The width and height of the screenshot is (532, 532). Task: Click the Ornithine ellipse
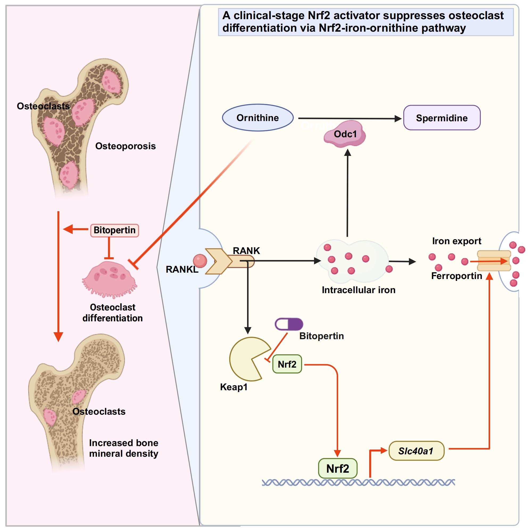point(258,118)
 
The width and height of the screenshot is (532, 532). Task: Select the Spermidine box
point(442,118)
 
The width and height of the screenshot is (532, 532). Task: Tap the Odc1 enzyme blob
point(345,134)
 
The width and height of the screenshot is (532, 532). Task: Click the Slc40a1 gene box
point(416,451)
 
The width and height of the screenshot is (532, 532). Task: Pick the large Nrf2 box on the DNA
point(338,468)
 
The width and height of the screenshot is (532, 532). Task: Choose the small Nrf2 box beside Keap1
point(287,364)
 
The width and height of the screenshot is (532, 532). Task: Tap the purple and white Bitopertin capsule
point(289,324)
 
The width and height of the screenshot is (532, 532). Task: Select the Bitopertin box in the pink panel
point(115,230)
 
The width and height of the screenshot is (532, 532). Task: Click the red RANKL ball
point(200,260)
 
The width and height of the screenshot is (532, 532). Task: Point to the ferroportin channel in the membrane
point(494,261)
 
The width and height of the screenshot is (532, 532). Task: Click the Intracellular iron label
point(359,290)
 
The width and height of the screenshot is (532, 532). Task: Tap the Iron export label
point(456,241)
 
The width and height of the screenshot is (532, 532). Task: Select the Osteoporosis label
point(125,146)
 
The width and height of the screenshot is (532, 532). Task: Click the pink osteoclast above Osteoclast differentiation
point(110,279)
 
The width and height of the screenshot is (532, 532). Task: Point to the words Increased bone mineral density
point(124,448)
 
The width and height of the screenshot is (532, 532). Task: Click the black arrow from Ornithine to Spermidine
point(350,118)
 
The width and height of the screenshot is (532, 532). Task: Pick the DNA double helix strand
point(358,483)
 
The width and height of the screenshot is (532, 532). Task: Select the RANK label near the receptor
point(246,251)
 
